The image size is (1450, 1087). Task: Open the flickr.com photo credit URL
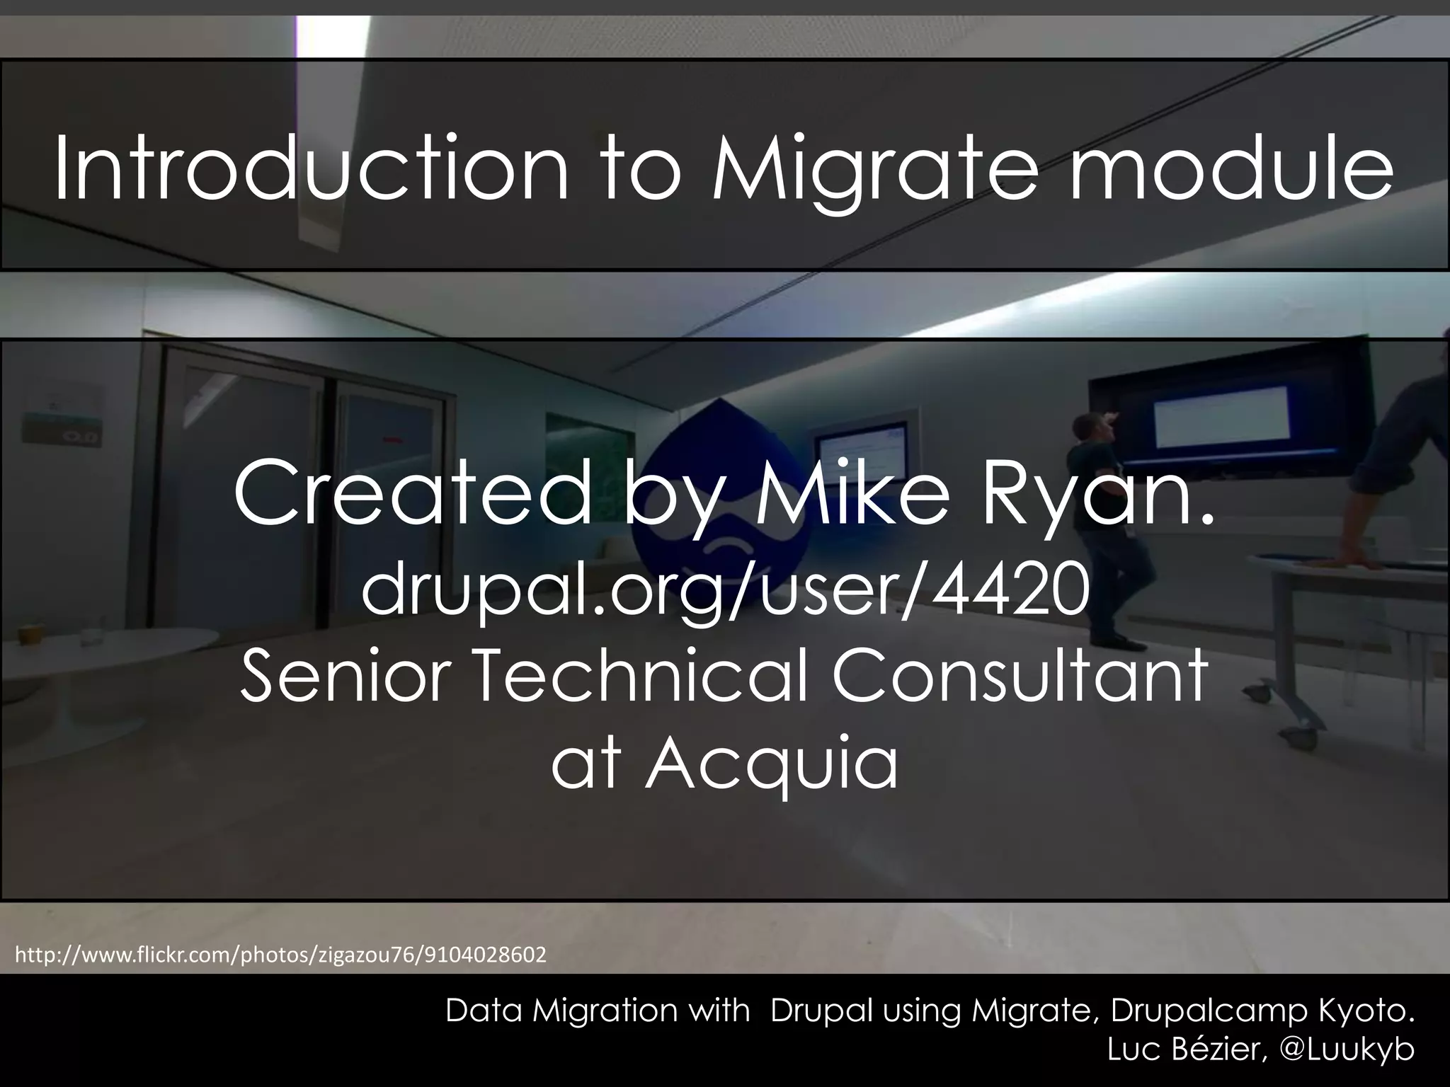280,955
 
